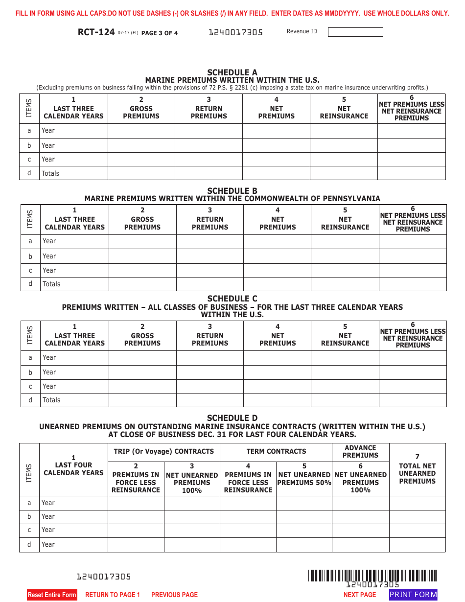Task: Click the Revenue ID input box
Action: tap(355, 32)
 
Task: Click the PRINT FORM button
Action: tap(413, 595)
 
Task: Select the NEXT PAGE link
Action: tap(360, 595)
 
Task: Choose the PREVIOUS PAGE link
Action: tap(174, 595)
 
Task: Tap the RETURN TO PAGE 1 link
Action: tap(113, 595)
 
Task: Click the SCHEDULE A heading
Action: tap(232, 72)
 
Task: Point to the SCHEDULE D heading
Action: tap(232, 418)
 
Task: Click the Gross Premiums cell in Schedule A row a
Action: tap(141, 131)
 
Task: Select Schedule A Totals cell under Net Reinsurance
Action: tap(344, 173)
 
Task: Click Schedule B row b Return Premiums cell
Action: tap(210, 256)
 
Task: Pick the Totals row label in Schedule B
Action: tap(51, 284)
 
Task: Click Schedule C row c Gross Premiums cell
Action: tap(142, 386)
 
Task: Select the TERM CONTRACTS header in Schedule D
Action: tap(276, 451)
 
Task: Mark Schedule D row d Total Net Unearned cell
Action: tap(417, 545)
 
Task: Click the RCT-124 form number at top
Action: tap(96, 33)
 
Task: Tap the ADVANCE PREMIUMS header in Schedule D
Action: tap(360, 451)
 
